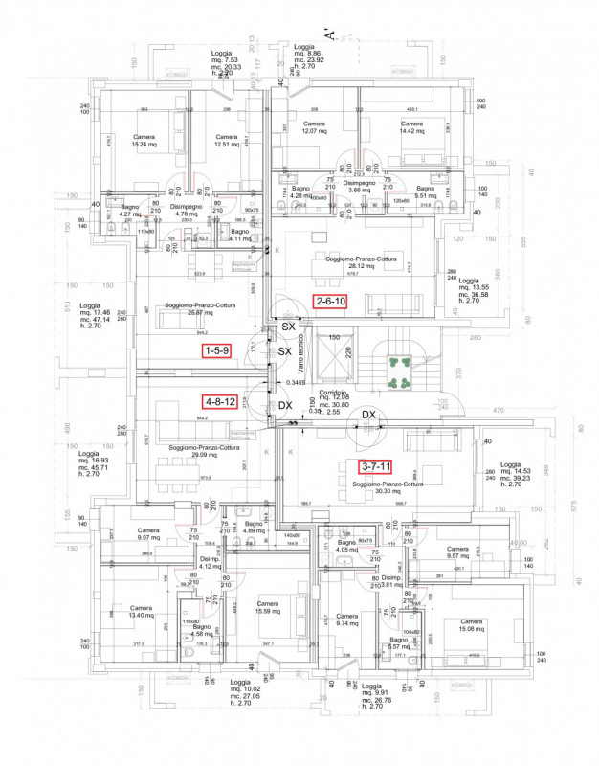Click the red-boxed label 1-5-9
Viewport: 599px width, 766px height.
point(216,351)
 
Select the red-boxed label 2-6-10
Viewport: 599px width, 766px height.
point(330,302)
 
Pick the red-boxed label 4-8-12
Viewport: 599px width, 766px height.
point(219,402)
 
